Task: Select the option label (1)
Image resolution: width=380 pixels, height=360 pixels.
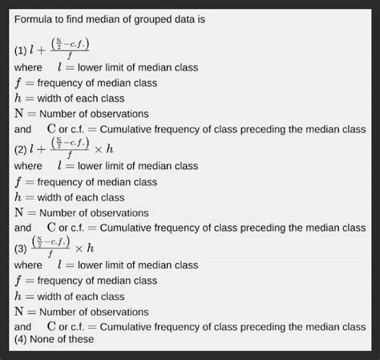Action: (21, 51)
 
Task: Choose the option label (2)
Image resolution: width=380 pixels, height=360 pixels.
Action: (21, 149)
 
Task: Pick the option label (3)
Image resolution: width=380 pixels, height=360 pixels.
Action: (21, 248)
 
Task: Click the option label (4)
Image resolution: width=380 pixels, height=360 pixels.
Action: (21, 339)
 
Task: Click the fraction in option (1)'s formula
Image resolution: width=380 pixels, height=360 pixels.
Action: (71, 48)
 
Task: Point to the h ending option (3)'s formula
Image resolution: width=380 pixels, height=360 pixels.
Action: (91, 248)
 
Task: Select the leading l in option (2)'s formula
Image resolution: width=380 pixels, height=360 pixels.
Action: (33, 149)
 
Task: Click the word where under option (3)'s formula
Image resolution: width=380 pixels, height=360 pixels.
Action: (28, 265)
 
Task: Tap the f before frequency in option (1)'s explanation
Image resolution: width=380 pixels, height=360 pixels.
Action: (18, 83)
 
